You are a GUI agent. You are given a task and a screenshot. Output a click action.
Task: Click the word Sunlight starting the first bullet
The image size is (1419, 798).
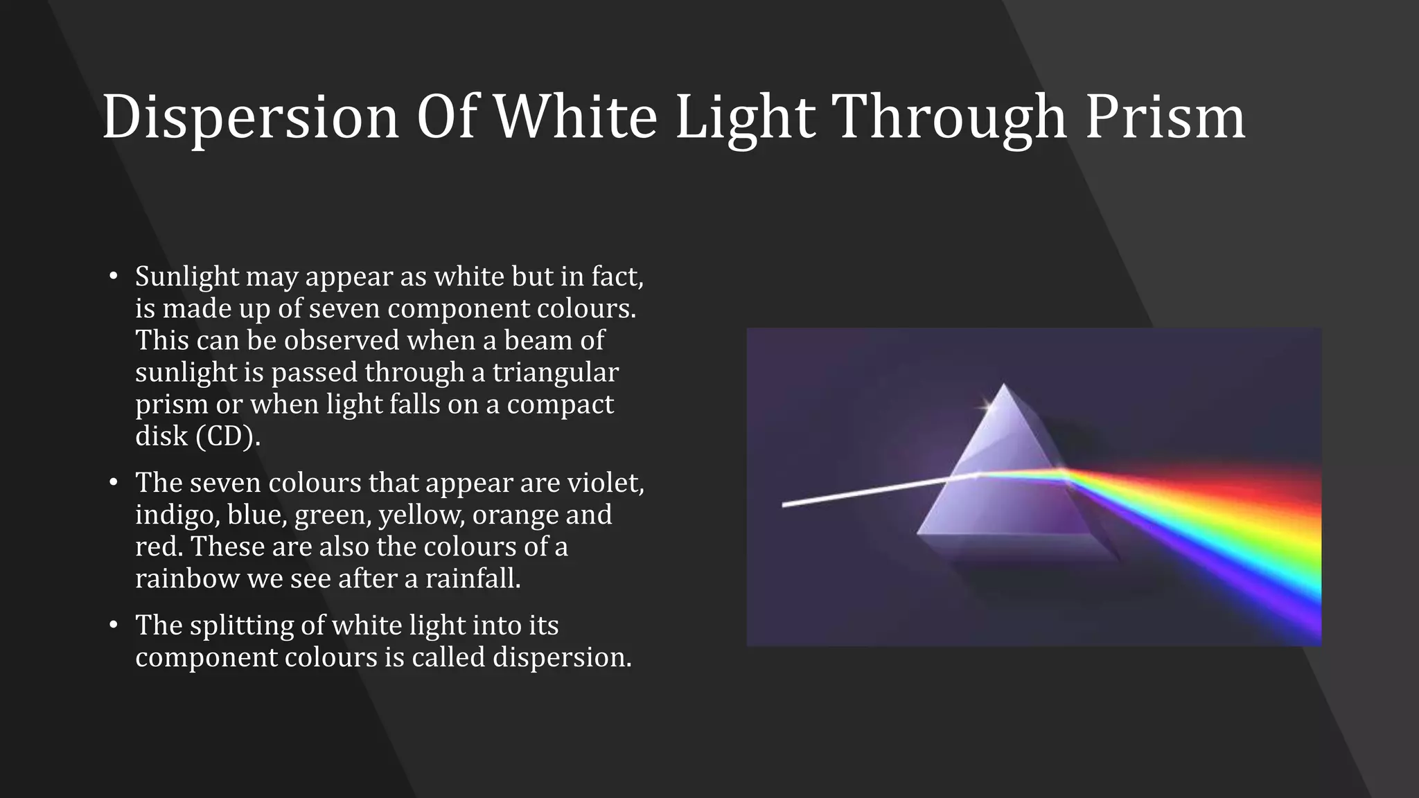point(187,277)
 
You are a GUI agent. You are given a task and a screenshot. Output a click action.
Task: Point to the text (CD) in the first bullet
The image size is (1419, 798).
point(228,436)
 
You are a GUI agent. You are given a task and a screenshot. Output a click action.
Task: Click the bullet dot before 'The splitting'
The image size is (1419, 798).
point(114,626)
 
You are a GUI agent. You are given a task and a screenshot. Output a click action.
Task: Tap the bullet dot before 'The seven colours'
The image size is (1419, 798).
point(114,483)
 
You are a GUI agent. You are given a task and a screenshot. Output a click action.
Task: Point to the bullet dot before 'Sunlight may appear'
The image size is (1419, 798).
point(114,277)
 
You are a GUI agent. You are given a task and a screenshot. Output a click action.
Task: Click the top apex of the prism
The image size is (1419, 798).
point(1004,385)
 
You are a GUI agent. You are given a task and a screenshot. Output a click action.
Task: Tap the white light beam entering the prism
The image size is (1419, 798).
point(866,491)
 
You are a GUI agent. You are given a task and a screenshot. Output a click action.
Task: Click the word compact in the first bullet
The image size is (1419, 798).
point(560,405)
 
